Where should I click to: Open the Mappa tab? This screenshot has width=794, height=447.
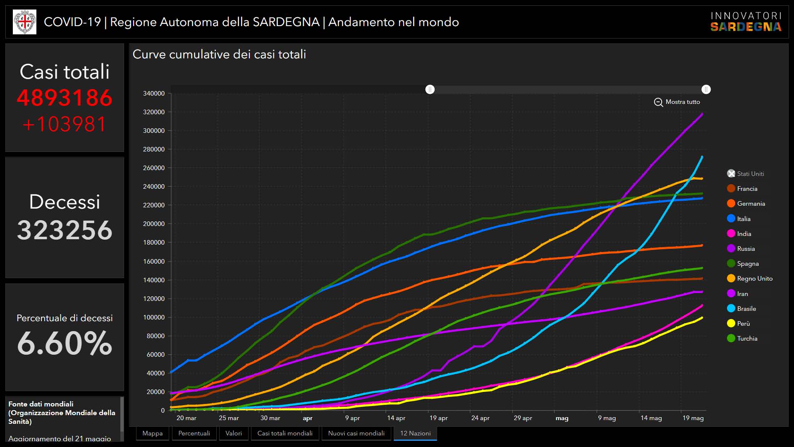[152, 433]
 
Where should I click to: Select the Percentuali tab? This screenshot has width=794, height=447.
[194, 433]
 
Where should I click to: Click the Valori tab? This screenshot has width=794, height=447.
[234, 433]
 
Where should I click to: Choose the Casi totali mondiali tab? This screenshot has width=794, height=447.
[285, 433]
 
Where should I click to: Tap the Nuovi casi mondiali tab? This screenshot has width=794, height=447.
[356, 433]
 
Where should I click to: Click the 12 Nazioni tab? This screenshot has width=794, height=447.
[415, 433]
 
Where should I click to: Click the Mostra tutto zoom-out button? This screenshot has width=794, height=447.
[677, 102]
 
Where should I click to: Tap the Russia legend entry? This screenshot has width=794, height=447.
[746, 249]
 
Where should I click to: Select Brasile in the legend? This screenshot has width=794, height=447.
[746, 309]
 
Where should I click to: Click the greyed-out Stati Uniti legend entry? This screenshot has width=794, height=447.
[750, 174]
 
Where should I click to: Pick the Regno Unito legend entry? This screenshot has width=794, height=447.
[754, 279]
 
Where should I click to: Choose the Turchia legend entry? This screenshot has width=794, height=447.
[747, 339]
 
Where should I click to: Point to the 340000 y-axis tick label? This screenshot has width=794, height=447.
[154, 94]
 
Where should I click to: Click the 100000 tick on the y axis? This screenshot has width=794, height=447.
[154, 317]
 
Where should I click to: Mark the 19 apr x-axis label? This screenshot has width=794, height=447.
[438, 418]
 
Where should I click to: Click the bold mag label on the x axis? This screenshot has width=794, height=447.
[562, 418]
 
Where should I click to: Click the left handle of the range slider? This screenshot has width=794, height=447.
[430, 89]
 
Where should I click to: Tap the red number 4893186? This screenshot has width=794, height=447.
[65, 98]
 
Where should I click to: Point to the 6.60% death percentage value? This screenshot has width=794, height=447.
[65, 343]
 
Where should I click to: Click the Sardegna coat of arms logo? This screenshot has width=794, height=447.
[24, 22]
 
